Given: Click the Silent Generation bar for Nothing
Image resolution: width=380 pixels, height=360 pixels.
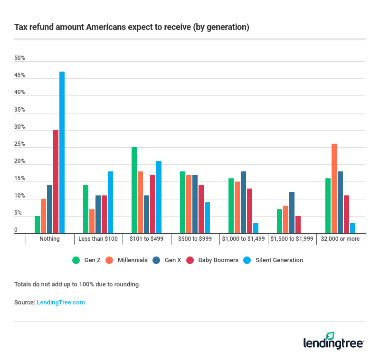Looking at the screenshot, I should pos(62,152).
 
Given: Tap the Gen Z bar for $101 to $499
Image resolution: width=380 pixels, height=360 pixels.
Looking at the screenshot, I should pos(134,190).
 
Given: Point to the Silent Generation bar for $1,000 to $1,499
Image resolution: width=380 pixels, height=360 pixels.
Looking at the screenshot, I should pos(256,228).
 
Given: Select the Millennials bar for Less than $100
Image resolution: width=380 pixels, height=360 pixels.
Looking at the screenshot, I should pos(92,221).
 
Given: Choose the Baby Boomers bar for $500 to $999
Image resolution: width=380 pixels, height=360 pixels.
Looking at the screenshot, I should pos(201,209).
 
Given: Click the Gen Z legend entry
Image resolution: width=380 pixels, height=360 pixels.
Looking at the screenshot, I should pos(86,260).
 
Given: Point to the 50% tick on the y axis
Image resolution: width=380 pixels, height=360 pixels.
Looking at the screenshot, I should pos(19,58).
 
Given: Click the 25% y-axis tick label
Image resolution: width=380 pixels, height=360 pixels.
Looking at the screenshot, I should pos(19,144).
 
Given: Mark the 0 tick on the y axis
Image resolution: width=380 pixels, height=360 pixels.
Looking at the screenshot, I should pos(16,230).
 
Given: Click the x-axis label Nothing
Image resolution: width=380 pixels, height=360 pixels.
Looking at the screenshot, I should pos(50,239).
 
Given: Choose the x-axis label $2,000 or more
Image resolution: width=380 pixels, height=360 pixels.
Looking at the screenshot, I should pos(340,239).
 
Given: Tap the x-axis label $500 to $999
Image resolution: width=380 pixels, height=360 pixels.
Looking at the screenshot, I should pos(195,239).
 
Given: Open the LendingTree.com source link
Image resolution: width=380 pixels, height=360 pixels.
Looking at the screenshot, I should pos(61,302).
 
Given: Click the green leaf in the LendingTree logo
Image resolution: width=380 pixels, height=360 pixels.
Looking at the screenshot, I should pos(330,336).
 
